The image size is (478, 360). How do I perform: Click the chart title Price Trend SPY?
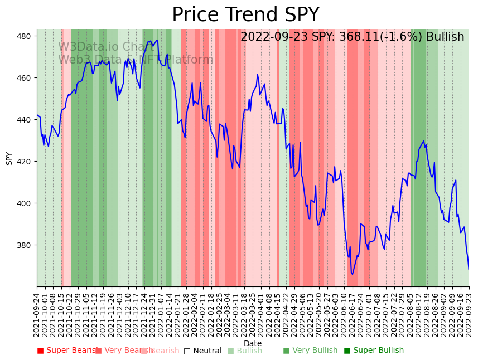pyautogui.click(x=245, y=15)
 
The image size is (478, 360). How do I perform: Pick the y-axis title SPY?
pyautogui.click(x=9, y=158)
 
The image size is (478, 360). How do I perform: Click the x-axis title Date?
pyautogui.click(x=253, y=344)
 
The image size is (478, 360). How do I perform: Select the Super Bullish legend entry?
pyautogui.click(x=374, y=351)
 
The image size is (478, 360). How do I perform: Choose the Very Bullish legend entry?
pyautogui.click(x=310, y=351)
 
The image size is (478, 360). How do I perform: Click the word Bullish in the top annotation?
pyautogui.click(x=445, y=37)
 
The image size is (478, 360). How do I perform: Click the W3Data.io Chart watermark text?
pyautogui.click(x=106, y=47)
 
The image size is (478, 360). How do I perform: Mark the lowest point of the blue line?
pyautogui.click(x=352, y=274)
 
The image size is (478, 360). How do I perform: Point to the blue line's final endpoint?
pyautogui.click(x=469, y=270)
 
